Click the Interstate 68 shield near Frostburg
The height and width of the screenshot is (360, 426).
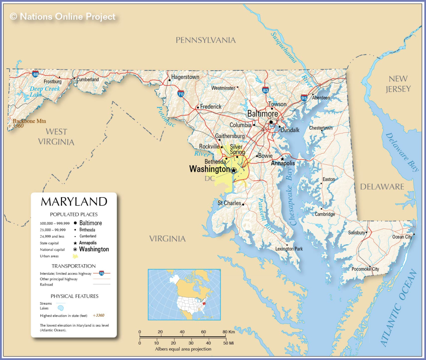click(36, 74)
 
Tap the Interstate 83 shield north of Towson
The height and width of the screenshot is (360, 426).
click(265, 90)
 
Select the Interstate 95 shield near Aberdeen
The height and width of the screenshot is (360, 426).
click(304, 98)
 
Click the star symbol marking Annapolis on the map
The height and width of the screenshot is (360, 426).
click(282, 159)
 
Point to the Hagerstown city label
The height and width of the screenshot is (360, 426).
click(185, 77)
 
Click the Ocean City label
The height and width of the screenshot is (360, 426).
click(402, 237)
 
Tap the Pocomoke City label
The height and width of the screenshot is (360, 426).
click(367, 269)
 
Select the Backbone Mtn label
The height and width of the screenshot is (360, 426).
click(23, 121)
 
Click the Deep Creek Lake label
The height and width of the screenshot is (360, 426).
click(44, 92)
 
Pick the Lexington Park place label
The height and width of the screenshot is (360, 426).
click(289, 249)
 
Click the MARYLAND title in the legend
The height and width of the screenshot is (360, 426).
click(74, 202)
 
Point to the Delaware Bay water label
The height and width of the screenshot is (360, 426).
click(401, 152)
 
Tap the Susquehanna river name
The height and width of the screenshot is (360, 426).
click(284, 47)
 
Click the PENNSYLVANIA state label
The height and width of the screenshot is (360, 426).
click(206, 40)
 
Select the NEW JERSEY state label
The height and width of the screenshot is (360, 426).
click(398, 84)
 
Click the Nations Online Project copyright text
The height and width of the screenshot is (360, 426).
click(62, 17)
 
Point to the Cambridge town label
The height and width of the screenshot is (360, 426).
click(324, 214)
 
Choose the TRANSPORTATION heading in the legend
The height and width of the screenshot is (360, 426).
click(74, 266)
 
